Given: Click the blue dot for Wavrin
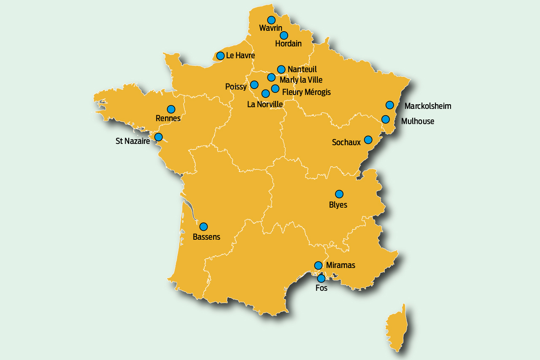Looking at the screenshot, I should click(271, 20).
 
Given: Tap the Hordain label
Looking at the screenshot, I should click(288, 43).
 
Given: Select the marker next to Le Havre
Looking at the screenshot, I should click(220, 56).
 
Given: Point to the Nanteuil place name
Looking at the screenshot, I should click(302, 69).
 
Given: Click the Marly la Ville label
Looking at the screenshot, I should click(301, 80).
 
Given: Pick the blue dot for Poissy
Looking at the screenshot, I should click(254, 85).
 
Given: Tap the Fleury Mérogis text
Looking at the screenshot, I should click(306, 92).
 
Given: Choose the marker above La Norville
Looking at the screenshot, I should click(265, 94).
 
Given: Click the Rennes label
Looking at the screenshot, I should click(168, 118).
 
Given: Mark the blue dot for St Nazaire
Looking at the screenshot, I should click(158, 137).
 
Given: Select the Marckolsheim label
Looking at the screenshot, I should click(428, 106).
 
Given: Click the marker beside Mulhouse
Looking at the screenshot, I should click(386, 119).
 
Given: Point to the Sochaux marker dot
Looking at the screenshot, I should click(368, 140).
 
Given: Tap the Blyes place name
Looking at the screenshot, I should click(338, 205).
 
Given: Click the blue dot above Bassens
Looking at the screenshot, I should click(203, 227).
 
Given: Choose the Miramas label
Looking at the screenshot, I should click(340, 265).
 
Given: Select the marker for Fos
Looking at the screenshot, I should click(321, 279).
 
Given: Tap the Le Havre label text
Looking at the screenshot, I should click(240, 55).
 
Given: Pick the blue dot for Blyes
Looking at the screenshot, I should click(339, 194).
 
